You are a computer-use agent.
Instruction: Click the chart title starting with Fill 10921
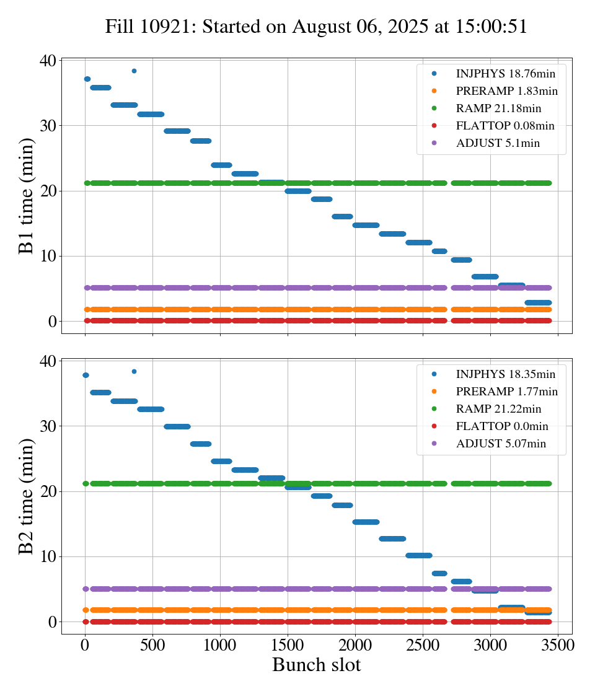(316, 27)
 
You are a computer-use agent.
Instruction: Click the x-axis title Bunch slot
(316, 665)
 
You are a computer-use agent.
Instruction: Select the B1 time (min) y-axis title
(26, 196)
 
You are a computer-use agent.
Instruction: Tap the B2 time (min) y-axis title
(26, 496)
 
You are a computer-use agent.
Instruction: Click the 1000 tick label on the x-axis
(220, 644)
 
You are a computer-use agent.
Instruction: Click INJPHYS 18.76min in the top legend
(505, 74)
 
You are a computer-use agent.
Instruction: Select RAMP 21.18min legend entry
(498, 108)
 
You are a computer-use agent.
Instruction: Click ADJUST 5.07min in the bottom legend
(501, 444)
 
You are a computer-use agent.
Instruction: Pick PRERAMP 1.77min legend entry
(506, 392)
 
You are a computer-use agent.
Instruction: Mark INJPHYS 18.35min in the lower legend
(505, 374)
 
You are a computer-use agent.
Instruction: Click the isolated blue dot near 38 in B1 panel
(134, 71)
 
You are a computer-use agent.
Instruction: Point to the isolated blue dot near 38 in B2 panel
(134, 371)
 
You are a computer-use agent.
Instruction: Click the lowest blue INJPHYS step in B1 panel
(538, 302)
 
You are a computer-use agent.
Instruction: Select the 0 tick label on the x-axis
(85, 644)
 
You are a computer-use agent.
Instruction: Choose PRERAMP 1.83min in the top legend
(506, 91)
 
